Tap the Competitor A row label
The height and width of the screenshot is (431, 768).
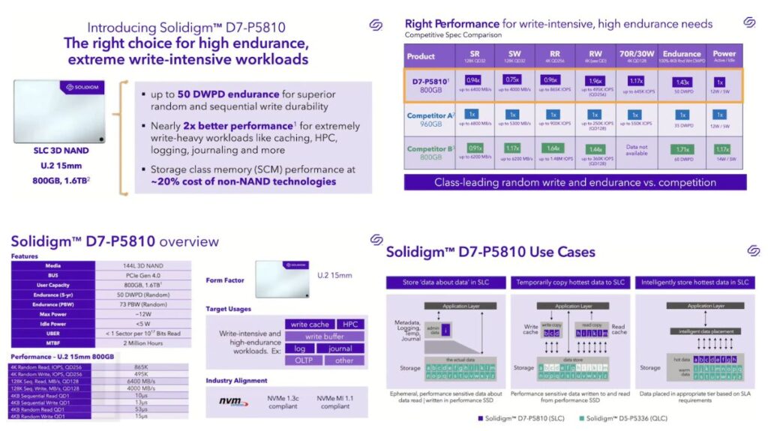click(430, 116)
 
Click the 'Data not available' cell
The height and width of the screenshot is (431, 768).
click(637, 151)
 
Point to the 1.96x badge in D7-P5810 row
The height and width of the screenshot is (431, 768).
click(597, 79)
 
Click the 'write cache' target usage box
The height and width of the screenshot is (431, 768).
click(310, 324)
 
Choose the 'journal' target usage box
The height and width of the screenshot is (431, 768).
click(340, 349)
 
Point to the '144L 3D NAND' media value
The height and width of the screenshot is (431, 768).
click(143, 265)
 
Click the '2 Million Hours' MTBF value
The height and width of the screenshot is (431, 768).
click(143, 343)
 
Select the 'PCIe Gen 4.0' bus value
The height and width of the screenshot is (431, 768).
click(143, 275)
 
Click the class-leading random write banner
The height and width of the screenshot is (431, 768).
click(575, 182)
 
